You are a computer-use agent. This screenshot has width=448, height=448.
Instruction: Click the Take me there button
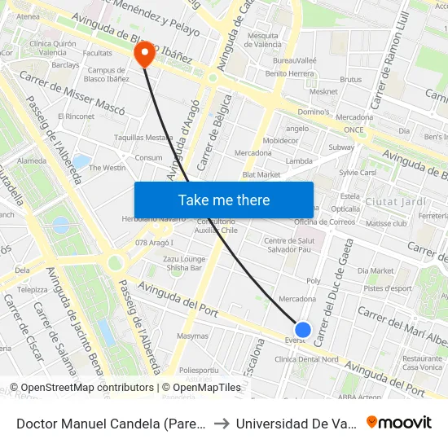click(224, 200)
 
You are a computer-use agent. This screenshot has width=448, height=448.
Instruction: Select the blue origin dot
click(303, 329)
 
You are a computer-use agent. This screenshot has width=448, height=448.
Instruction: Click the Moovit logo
click(399, 422)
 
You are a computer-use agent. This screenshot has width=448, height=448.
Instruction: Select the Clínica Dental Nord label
click(306, 359)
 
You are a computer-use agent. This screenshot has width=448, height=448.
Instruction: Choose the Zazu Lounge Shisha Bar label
click(185, 261)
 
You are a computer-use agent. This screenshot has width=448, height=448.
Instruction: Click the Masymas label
click(193, 336)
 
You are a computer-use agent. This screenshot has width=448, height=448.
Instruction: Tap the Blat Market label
click(261, 174)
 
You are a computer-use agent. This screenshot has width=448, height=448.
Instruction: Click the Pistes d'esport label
click(389, 288)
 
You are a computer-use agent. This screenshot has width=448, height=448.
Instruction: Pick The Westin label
click(108, 168)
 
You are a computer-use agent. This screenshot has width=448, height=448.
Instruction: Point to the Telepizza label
click(33, 289)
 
